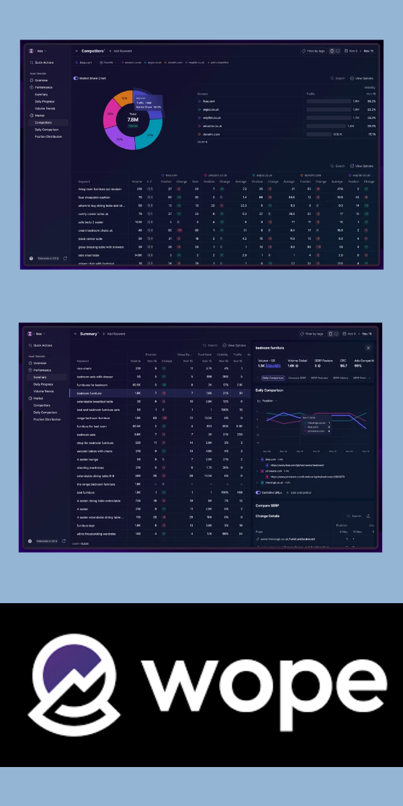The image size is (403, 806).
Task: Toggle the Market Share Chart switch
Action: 76,78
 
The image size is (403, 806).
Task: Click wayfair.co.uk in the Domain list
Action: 212,118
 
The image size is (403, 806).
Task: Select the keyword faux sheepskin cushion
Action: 93,197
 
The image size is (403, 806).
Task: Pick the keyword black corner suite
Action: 91,238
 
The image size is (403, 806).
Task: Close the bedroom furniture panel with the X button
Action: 367,348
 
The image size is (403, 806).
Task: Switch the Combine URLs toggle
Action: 258,492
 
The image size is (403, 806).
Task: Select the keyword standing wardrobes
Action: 91,467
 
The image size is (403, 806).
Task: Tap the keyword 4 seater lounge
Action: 88,459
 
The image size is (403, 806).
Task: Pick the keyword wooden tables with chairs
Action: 94,451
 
